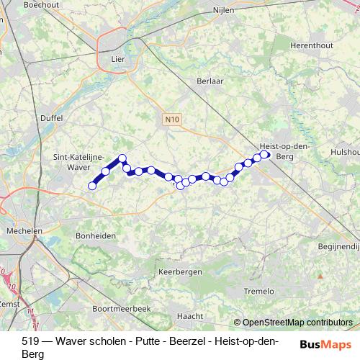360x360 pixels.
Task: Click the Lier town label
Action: click(x=117, y=60)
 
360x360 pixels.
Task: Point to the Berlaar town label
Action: click(x=210, y=81)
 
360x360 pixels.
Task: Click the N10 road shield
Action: click(x=171, y=120)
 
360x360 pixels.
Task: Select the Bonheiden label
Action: click(x=96, y=235)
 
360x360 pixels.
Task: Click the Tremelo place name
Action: click(x=259, y=291)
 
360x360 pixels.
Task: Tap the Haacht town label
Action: click(x=190, y=315)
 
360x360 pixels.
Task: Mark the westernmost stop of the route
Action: click(x=92, y=186)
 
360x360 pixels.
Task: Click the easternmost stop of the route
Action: click(x=265, y=154)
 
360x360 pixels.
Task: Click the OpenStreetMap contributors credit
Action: click(x=297, y=323)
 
